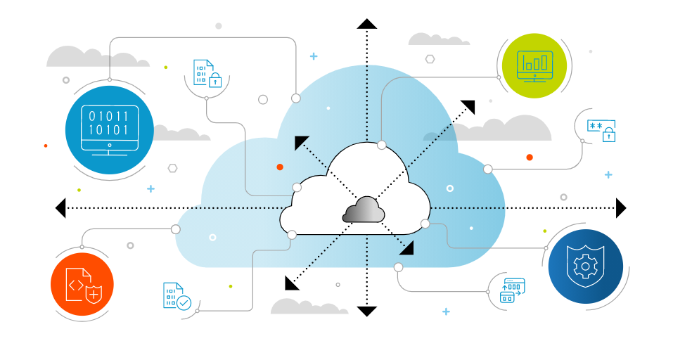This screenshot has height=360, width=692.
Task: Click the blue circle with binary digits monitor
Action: click(x=109, y=129)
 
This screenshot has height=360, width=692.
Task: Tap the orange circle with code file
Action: click(x=82, y=284)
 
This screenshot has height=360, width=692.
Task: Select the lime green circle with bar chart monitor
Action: click(x=534, y=65)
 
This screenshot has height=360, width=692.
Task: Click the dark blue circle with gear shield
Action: click(x=585, y=266)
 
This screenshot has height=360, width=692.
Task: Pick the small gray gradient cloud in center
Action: click(x=364, y=210)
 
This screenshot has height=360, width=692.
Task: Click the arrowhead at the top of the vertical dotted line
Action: click(x=366, y=24)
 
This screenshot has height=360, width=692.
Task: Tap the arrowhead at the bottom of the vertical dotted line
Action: click(x=366, y=311)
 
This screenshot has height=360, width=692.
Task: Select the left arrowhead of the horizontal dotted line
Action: click(x=60, y=207)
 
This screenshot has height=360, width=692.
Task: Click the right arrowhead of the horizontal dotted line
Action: click(x=620, y=207)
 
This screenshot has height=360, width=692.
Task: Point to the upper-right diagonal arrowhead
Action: click(x=468, y=106)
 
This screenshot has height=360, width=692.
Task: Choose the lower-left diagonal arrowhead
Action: click(x=291, y=283)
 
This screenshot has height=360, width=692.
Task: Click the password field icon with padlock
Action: click(x=602, y=130)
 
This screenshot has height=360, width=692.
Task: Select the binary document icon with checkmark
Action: click(x=177, y=296)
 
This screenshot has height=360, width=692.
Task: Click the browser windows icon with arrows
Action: click(x=512, y=290)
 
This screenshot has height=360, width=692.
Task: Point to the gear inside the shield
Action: click(x=585, y=266)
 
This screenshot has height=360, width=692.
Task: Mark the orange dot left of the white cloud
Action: click(x=280, y=167)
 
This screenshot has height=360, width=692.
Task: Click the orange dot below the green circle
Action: click(x=530, y=157)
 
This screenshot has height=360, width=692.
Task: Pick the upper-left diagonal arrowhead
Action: click(x=301, y=142)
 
